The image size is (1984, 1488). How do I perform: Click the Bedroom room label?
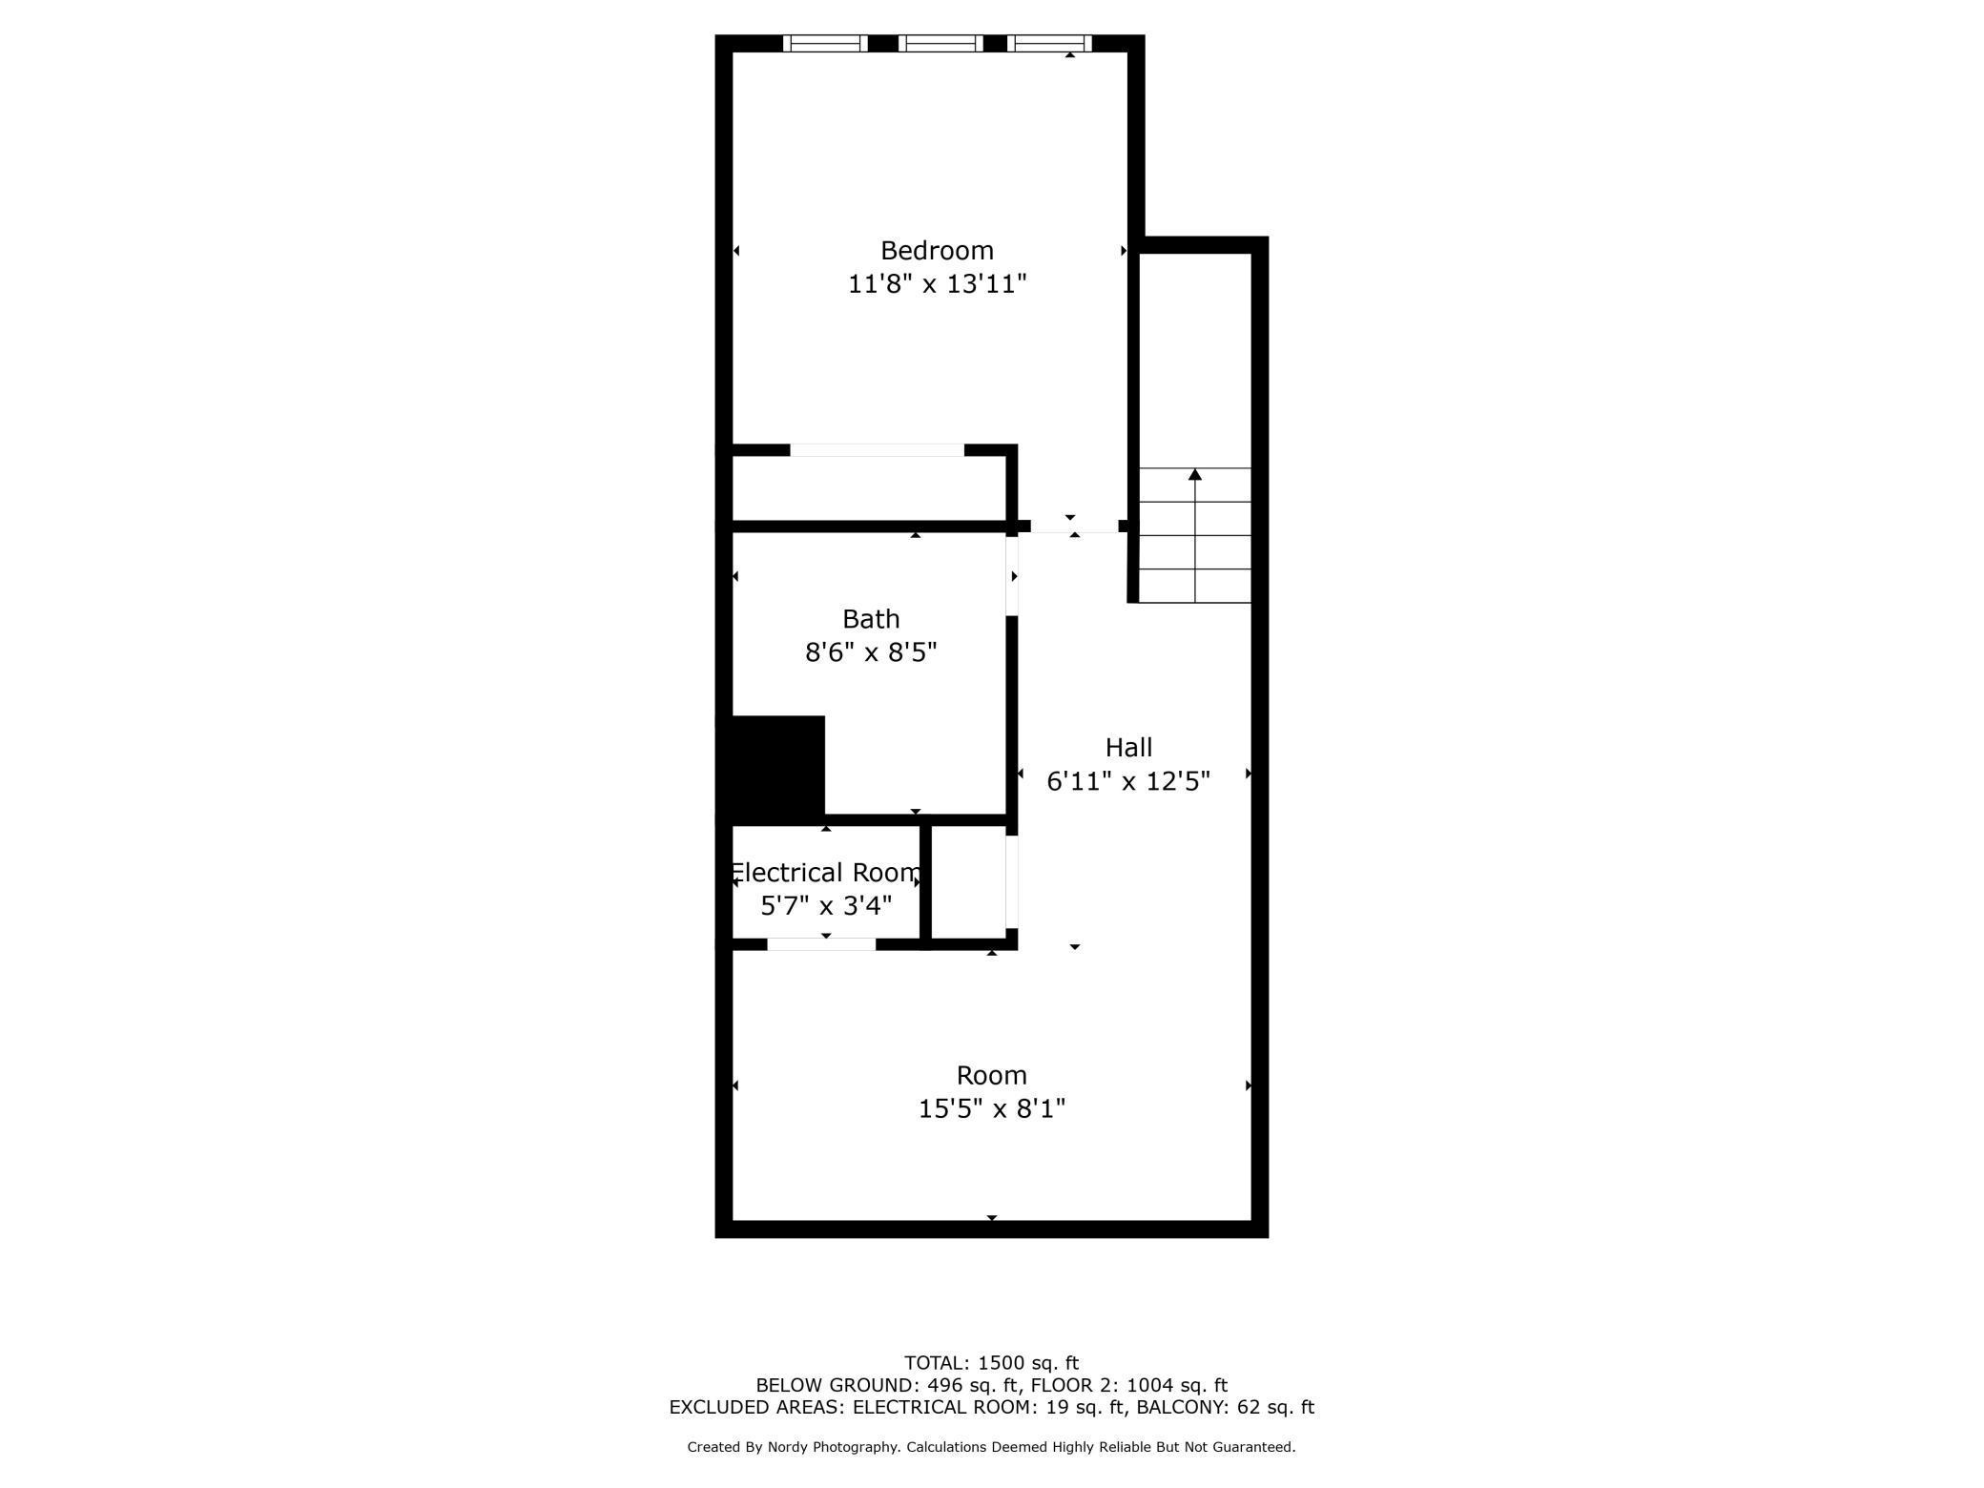point(937,251)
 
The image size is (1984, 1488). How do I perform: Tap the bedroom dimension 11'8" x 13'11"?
point(937,284)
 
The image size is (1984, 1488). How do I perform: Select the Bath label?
point(871,619)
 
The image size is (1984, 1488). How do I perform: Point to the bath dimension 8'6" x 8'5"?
point(871,652)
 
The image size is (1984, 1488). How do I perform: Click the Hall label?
point(1128,748)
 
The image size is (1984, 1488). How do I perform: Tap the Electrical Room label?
point(826,873)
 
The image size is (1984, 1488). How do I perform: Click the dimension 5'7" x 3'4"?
point(826,905)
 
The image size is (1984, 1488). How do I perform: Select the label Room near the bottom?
point(992,1076)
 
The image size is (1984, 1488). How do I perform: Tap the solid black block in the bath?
point(771,767)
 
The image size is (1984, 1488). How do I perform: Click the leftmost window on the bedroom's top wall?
point(825,43)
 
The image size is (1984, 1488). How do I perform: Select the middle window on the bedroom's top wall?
point(940,43)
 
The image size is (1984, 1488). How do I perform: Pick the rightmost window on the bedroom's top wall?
point(1049,43)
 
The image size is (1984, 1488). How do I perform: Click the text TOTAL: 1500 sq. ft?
point(992,1363)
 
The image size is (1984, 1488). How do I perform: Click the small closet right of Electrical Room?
point(968,881)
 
